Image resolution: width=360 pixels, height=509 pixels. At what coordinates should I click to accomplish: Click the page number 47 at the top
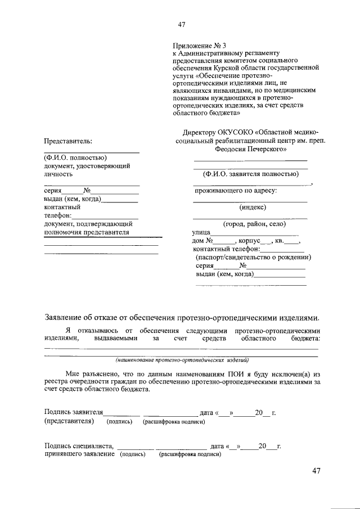tap(181, 24)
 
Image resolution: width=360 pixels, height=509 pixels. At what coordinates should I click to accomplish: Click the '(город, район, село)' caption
tap(251, 223)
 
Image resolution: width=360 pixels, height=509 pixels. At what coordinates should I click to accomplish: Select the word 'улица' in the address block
tap(202, 232)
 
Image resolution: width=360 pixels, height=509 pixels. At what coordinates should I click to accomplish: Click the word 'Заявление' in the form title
tap(64, 316)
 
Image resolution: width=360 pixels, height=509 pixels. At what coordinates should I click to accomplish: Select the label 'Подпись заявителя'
tap(74, 412)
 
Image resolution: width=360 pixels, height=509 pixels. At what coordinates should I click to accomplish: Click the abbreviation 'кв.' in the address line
tap(280, 241)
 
